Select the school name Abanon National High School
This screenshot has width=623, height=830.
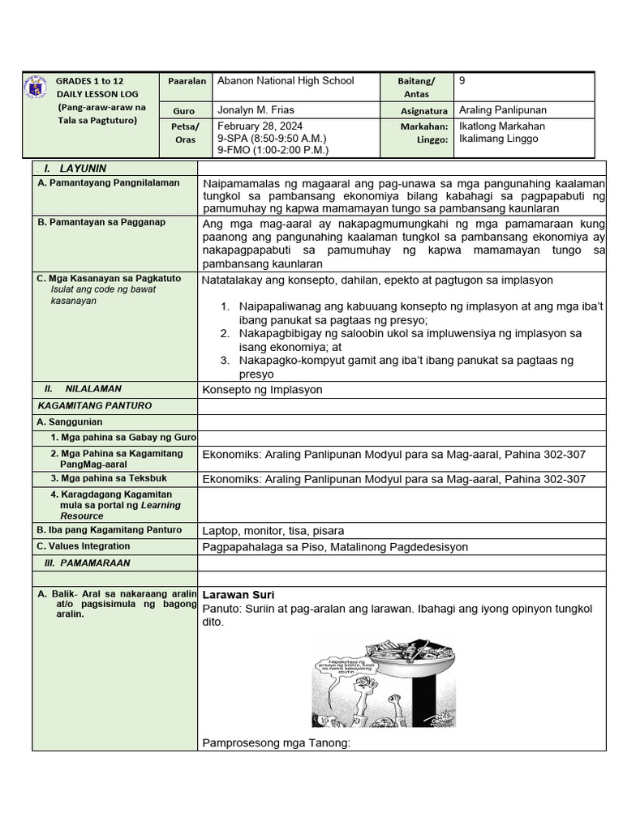coord(286,80)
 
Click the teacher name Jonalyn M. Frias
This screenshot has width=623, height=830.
coord(256,110)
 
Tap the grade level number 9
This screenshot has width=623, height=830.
coord(462,80)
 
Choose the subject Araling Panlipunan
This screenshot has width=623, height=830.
coord(502,110)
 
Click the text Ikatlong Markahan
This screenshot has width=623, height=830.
coord(501,126)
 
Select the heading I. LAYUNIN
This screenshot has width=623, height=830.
coord(75,169)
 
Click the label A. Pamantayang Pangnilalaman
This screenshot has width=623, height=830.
coord(108,183)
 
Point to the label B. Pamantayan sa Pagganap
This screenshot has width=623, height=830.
coord(101,221)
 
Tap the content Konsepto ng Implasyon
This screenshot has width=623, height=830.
coord(262,389)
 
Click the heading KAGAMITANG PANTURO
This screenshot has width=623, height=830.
coord(95,405)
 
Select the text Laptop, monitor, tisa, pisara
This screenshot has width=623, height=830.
coord(273,531)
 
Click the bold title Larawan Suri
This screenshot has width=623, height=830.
coord(238,594)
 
